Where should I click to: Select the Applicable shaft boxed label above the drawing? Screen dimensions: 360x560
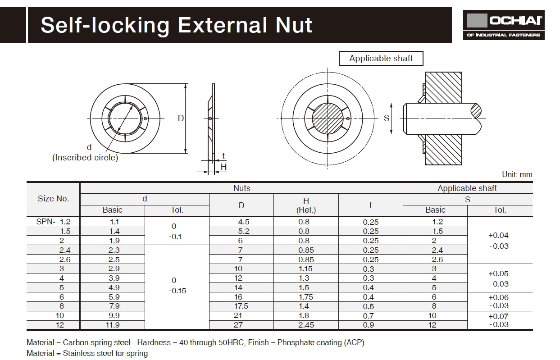pyautogui.click(x=381, y=59)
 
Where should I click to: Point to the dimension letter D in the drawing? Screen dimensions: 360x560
pyautogui.click(x=181, y=118)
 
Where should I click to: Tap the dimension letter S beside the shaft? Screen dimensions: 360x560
pyautogui.click(x=386, y=118)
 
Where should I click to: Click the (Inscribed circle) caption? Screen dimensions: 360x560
pyautogui.click(x=85, y=158)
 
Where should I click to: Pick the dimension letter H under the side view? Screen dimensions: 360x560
pyautogui.click(x=223, y=167)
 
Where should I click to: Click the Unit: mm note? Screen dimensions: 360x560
pyautogui.click(x=517, y=174)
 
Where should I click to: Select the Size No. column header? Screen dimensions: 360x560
pyautogui.click(x=53, y=199)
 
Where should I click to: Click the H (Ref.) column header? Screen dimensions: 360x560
pyautogui.click(x=306, y=205)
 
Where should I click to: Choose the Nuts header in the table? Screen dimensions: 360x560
pyautogui.click(x=241, y=188)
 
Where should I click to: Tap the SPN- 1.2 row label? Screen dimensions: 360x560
pyautogui.click(x=53, y=222)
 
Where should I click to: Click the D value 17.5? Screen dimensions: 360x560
pyautogui.click(x=241, y=306)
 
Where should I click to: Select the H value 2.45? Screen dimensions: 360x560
pyautogui.click(x=306, y=325)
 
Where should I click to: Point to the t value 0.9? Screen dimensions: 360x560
pyautogui.click(x=370, y=325)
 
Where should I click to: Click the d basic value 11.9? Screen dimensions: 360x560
pyautogui.click(x=112, y=325)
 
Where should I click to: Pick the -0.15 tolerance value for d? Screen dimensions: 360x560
pyautogui.click(x=177, y=291)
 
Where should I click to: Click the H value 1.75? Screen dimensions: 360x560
pyautogui.click(x=306, y=297)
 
